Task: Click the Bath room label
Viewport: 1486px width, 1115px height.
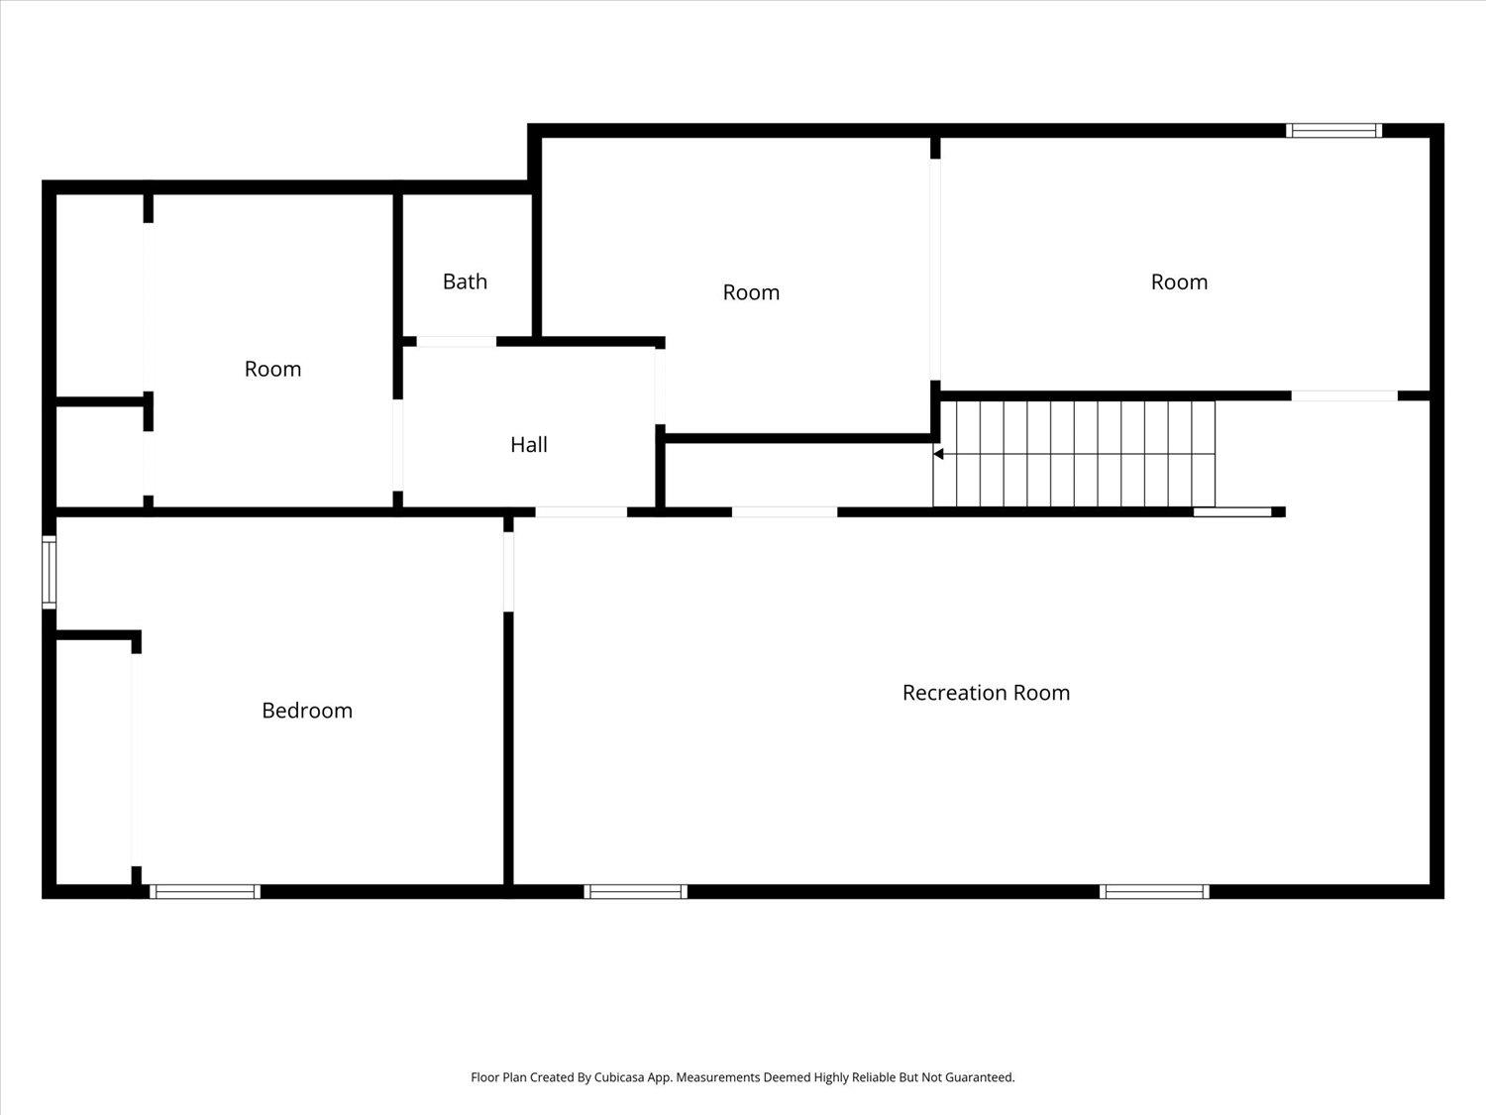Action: (465, 281)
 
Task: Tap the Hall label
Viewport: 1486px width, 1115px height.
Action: (529, 445)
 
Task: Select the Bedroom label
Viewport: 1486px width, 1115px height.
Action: (307, 711)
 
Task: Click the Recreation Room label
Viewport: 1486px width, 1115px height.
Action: (986, 693)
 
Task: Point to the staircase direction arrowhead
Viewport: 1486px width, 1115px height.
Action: (938, 454)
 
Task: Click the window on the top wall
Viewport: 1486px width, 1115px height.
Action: (1333, 130)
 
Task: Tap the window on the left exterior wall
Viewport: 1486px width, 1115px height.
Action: (49, 572)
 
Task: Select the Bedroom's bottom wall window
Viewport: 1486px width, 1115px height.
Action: (205, 891)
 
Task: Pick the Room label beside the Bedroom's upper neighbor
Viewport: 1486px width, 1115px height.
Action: (272, 369)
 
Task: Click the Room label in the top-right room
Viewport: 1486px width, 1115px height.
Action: (1179, 282)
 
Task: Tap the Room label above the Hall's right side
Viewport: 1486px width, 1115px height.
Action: (751, 292)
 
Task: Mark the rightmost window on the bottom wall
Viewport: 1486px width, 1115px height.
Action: (1154, 891)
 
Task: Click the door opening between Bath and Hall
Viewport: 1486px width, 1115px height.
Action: (456, 342)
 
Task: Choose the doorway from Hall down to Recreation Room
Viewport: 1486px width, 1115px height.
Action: (582, 512)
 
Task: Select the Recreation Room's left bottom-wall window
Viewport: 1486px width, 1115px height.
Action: (636, 891)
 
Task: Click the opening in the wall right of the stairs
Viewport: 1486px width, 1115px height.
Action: (1344, 395)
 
